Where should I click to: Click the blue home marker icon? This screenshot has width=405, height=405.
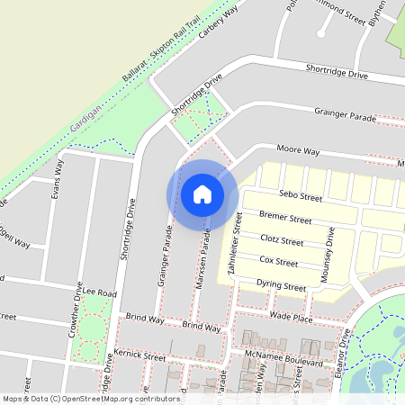coord(202,194)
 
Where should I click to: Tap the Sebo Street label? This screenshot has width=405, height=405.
coord(301,195)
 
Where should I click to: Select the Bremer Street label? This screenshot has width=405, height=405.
coord(284,219)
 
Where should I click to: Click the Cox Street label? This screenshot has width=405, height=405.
coord(278,263)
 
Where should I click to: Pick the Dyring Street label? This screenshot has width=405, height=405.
coord(281,286)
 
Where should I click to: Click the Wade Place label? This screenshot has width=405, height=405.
coord(291,318)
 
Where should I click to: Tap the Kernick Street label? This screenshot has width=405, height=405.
coord(141,357)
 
